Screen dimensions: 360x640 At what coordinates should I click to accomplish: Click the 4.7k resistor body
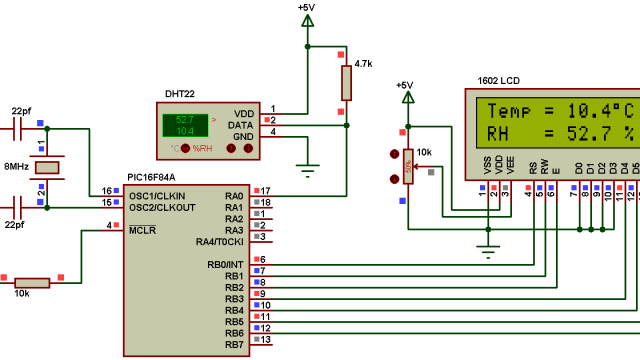click(x=346, y=82)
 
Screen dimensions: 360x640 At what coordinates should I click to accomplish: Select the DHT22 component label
click(x=179, y=93)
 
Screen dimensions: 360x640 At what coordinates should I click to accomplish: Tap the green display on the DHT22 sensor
click(x=185, y=125)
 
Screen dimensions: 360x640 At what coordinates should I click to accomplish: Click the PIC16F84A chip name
click(x=151, y=177)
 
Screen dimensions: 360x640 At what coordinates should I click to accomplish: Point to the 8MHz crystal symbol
click(x=47, y=167)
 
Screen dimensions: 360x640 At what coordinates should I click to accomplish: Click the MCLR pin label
click(x=141, y=230)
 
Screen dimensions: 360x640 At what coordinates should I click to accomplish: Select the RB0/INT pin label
click(x=221, y=264)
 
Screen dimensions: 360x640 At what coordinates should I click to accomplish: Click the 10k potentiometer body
click(x=407, y=166)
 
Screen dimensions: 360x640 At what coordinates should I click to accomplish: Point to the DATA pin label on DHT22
click(x=240, y=124)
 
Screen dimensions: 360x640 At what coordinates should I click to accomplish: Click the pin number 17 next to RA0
click(x=267, y=190)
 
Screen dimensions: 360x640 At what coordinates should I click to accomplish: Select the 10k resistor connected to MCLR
click(x=33, y=282)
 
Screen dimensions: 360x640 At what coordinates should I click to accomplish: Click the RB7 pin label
click(x=234, y=345)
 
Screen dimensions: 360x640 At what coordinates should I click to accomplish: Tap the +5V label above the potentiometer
click(x=404, y=86)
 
